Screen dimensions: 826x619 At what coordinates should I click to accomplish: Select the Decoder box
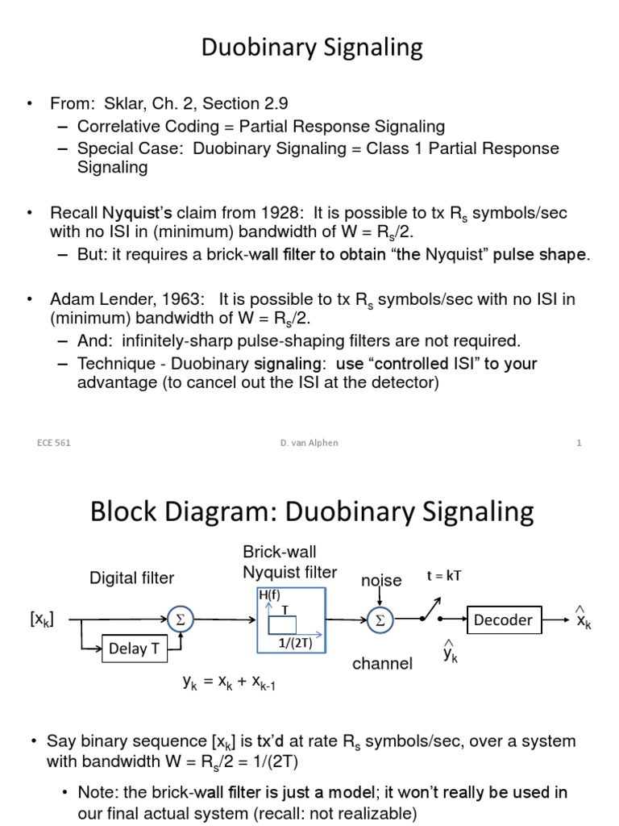click(x=503, y=619)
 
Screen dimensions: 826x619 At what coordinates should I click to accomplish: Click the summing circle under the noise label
click(x=378, y=619)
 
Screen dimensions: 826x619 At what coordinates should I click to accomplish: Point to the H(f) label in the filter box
click(x=268, y=595)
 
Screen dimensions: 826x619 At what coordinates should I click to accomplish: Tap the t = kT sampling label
click(x=444, y=575)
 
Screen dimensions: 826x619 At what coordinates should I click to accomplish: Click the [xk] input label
click(x=41, y=619)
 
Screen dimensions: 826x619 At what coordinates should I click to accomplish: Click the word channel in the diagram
click(x=382, y=664)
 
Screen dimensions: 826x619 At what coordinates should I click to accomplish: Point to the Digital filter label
click(x=131, y=578)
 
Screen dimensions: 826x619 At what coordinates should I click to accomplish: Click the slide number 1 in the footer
click(x=579, y=443)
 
